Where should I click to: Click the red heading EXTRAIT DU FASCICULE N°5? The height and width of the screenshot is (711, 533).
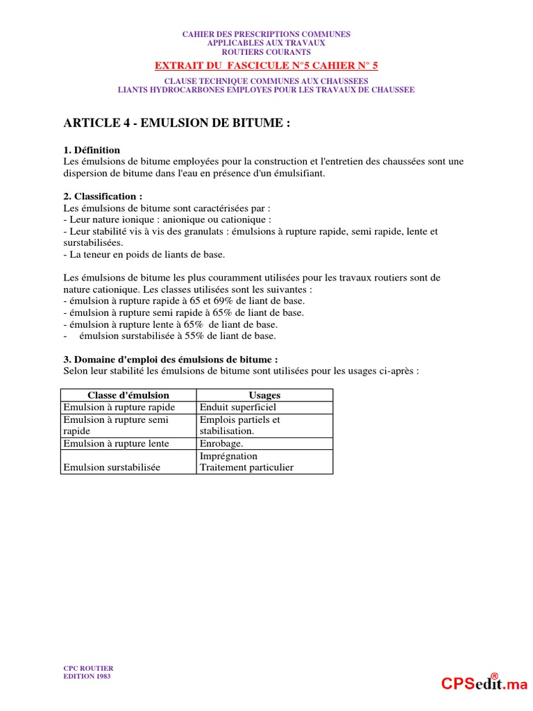pos(266,66)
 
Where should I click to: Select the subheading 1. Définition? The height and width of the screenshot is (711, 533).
pos(92,150)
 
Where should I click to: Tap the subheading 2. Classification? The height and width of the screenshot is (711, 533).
pos(102,196)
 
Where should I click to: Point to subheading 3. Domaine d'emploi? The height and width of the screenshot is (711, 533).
pos(170,360)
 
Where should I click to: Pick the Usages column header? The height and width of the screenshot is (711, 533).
pos(264,395)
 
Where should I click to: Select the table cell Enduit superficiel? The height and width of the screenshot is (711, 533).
pos(237,408)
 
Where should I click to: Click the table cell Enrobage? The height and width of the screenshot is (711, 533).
pos(221,444)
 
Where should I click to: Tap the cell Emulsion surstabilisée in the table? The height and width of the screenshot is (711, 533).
pos(112,467)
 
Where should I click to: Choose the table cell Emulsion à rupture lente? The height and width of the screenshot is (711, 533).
pos(116,444)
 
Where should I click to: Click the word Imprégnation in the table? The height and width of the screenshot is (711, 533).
pos(228,456)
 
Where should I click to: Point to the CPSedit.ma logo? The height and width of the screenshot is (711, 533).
pos(484,684)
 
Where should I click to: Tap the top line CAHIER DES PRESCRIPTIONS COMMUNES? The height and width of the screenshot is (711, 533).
pos(266,34)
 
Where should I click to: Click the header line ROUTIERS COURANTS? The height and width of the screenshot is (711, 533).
pos(266,52)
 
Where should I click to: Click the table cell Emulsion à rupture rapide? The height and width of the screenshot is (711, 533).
pos(119,408)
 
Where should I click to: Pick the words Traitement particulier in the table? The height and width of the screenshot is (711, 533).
pos(246,467)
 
